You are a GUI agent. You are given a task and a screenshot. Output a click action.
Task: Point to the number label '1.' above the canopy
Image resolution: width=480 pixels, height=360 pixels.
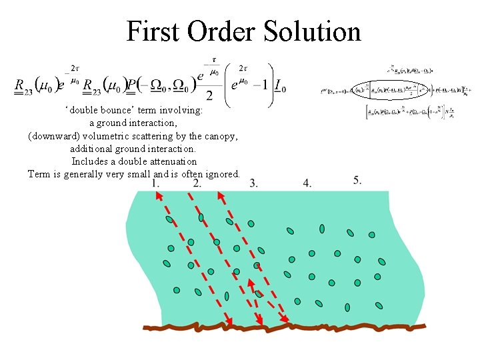coord(155,183)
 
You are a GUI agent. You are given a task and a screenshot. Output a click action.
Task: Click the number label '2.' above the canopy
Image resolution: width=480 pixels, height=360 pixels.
coord(197,183)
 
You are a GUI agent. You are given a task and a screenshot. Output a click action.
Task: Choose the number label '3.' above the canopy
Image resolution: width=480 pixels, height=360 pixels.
coord(254,183)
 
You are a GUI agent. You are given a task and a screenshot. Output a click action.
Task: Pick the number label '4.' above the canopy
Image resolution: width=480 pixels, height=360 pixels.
coord(307,183)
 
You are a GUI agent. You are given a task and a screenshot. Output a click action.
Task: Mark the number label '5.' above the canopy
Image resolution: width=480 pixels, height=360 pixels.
coord(357,180)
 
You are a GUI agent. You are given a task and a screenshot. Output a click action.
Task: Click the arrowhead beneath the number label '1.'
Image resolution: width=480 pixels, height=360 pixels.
coord(159,195)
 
